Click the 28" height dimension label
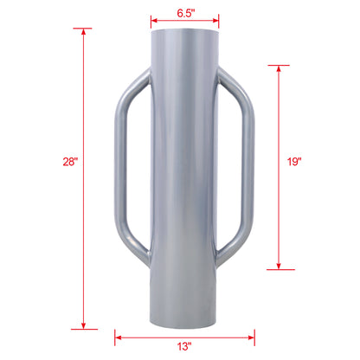click(x=70, y=161)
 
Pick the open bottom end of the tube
click(x=185, y=318)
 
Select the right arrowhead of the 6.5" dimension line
click(x=216, y=22)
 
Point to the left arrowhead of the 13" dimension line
click(x=118, y=337)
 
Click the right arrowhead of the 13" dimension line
click(x=252, y=337)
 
